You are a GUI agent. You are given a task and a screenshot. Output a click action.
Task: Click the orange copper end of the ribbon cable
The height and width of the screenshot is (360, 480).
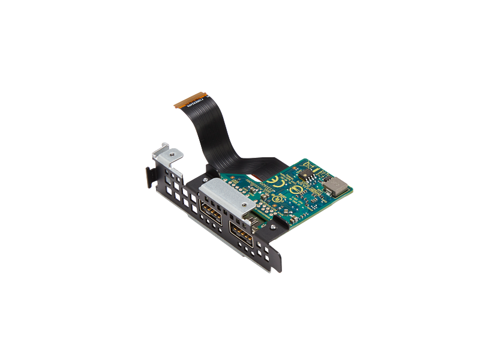click(189, 100)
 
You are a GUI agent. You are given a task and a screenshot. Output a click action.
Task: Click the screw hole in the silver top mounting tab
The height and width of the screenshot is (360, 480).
click(172, 154)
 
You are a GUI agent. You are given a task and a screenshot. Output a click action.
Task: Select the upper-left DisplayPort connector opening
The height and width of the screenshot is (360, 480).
click(211, 212)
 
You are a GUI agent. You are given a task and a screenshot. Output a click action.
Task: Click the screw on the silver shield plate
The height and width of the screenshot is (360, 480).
click(245, 205)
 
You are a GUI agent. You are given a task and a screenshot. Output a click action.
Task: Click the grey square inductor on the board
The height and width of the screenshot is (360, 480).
click(335, 186)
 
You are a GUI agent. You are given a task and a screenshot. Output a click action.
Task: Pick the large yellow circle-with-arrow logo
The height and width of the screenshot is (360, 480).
click(295, 190)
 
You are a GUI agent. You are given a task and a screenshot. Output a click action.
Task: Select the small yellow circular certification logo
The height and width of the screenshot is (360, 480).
click(277, 199)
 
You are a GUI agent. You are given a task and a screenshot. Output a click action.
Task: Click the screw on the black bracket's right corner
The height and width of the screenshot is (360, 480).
click(273, 227)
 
